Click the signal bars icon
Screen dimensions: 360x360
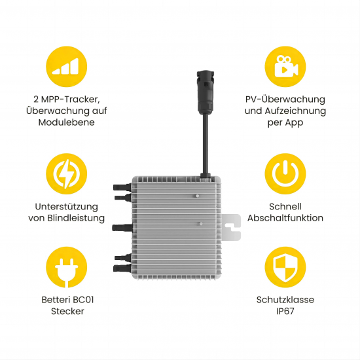(66, 67)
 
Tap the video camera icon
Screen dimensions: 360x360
(285, 67)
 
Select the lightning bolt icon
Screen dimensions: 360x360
(66, 174)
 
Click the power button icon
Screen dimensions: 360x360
(285, 174)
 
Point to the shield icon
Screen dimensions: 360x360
(285, 267)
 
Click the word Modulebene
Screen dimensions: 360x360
(66, 122)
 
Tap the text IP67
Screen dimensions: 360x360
(285, 311)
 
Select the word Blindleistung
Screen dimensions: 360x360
(76, 218)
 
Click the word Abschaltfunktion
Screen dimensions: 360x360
(285, 218)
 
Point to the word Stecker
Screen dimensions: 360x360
(67, 311)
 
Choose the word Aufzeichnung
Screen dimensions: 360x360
(295, 111)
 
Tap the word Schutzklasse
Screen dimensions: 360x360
(285, 300)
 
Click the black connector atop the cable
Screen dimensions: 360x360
(206, 92)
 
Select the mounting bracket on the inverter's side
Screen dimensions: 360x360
(232, 227)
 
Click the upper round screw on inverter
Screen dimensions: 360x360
(197, 196)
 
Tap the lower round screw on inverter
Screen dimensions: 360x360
(201, 223)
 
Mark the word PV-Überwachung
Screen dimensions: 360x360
(285, 99)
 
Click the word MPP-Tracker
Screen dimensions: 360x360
(70, 99)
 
